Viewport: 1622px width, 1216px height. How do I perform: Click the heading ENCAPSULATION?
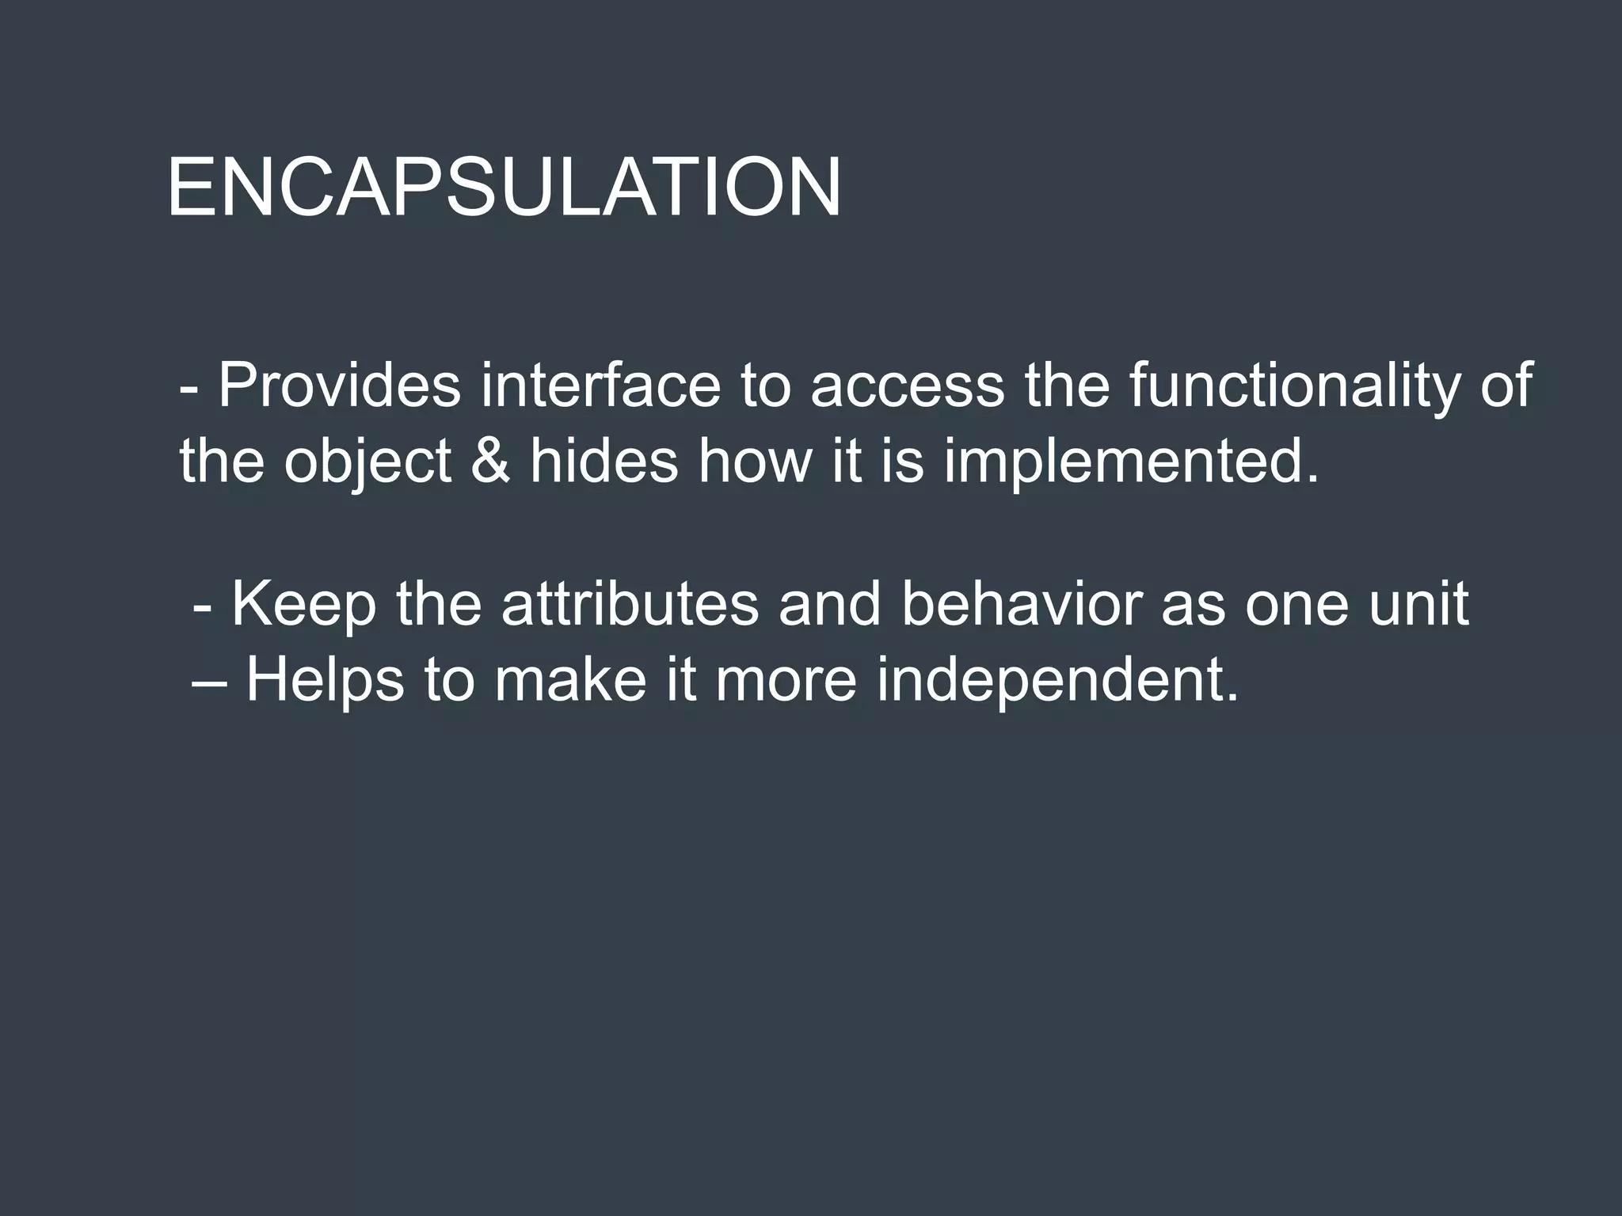[x=504, y=188]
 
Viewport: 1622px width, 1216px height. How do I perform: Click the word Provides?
[x=339, y=386]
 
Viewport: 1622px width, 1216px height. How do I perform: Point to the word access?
[x=907, y=386]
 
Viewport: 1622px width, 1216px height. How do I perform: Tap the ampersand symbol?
[x=491, y=461]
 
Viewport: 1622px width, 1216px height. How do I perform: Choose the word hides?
[x=603, y=461]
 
